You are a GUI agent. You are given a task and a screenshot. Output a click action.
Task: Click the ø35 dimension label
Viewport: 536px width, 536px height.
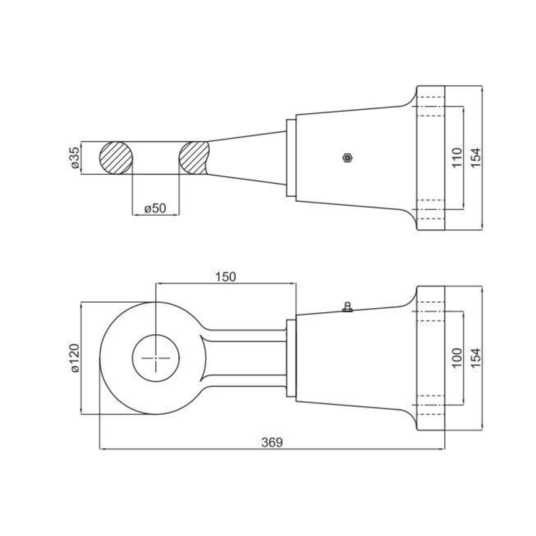click(x=75, y=157)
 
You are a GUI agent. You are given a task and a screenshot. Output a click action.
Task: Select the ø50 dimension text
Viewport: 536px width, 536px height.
click(x=155, y=208)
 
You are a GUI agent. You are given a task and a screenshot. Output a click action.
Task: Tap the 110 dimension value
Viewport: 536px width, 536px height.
click(x=457, y=157)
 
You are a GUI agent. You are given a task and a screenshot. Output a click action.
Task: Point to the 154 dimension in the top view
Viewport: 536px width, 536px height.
click(x=476, y=157)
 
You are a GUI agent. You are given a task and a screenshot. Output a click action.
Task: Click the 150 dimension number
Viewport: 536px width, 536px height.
click(x=226, y=277)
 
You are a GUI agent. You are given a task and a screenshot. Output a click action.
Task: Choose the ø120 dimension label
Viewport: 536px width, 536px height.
click(x=75, y=358)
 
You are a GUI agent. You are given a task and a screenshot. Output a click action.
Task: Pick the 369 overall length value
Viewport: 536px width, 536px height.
click(x=272, y=442)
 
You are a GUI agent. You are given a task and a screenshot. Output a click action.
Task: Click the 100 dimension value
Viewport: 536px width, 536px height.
click(x=457, y=358)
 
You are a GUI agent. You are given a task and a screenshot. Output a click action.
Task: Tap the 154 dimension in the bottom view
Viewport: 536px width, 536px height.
click(x=476, y=358)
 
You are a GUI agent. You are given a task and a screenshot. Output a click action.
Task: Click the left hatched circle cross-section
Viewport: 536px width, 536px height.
click(x=116, y=157)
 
